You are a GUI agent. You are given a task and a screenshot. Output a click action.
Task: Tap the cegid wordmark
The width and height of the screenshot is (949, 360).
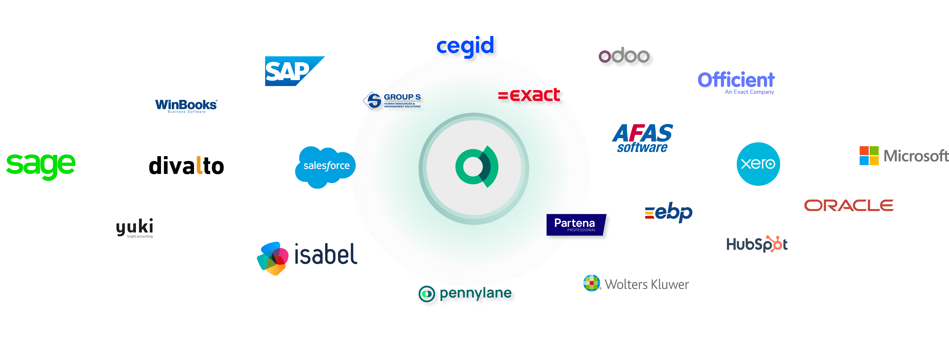[465, 46]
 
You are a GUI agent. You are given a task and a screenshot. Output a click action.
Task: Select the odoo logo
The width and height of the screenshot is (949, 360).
[624, 55]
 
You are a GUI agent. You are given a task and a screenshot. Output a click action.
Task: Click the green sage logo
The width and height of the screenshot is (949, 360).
[41, 167]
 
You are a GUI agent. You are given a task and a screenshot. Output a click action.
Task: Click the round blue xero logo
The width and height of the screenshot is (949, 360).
[758, 164]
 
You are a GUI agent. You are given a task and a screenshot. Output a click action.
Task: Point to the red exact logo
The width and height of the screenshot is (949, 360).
[529, 95]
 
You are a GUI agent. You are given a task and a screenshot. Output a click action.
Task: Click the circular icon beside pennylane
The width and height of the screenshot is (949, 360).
[427, 294]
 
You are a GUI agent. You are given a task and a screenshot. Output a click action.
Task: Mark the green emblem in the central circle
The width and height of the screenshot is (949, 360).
[477, 167]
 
